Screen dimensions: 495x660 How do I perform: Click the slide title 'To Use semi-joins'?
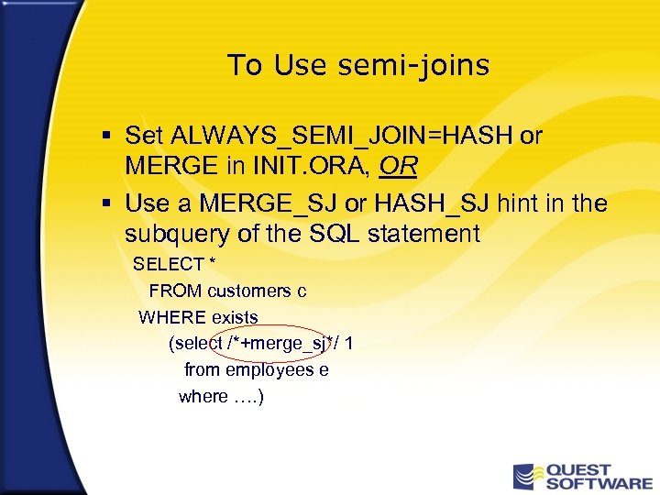(357, 66)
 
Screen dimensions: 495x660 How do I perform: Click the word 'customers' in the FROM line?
(249, 291)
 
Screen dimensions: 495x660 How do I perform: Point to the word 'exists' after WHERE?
(235, 318)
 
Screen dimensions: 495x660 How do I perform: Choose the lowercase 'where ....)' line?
(221, 397)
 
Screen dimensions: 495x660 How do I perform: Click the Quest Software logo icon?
(525, 477)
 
